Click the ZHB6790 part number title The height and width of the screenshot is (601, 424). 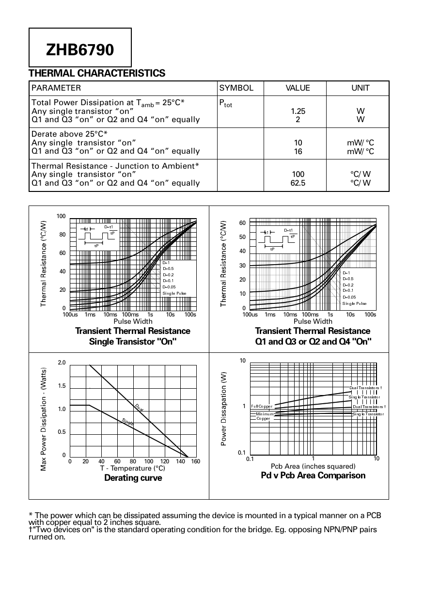[80, 49]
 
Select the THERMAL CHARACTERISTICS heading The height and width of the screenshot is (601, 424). [97, 73]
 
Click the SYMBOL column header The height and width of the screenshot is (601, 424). [236, 88]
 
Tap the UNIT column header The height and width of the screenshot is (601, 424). [360, 88]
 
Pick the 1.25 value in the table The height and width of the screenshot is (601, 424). [298, 111]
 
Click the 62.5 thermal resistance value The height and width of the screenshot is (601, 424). [298, 183]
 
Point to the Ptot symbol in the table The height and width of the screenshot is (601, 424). [225, 103]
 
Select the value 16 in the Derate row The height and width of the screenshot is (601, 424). [298, 151]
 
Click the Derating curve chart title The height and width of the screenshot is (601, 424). [133, 478]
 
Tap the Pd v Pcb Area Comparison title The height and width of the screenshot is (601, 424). [313, 475]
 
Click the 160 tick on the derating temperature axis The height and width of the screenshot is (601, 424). [195, 461]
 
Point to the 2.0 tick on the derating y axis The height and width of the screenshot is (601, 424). [62, 363]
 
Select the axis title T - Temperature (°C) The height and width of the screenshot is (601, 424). [132, 468]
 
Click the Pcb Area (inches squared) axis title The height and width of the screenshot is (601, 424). [313, 466]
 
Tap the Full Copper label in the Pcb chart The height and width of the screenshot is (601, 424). [262, 406]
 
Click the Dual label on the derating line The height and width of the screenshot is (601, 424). [139, 407]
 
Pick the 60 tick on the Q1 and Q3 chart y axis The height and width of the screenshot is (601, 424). [242, 223]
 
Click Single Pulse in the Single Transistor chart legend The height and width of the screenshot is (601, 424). [174, 293]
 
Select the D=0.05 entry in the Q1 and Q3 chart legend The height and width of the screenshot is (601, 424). [349, 297]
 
